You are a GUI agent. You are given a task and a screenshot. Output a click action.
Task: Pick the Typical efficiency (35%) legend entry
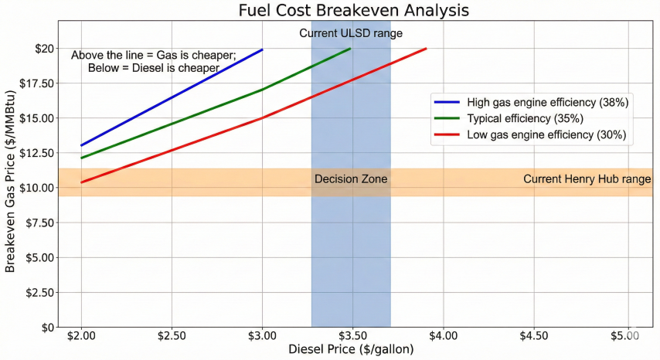[525, 118]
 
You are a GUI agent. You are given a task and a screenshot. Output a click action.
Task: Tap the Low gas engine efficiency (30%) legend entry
[546, 134]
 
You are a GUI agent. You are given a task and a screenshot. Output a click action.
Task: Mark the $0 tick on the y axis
[47, 328]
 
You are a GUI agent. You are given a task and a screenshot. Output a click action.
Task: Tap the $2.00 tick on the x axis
[80, 337]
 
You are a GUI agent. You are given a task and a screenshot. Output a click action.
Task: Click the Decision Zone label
[351, 180]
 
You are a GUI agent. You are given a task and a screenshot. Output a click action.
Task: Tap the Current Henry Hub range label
[587, 179]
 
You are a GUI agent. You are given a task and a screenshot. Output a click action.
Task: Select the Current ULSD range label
[351, 33]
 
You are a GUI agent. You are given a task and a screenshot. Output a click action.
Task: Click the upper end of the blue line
[263, 49]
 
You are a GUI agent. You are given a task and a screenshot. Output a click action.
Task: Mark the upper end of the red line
[426, 49]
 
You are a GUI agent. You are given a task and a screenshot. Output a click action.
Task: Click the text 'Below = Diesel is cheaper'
[154, 68]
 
